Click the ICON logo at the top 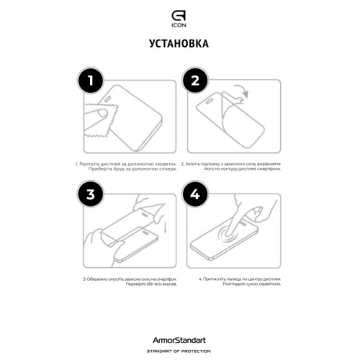[x=180, y=16]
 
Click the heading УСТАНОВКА [x=180, y=44]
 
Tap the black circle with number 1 [x=89, y=81]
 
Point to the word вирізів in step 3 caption [x=153, y=283]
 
